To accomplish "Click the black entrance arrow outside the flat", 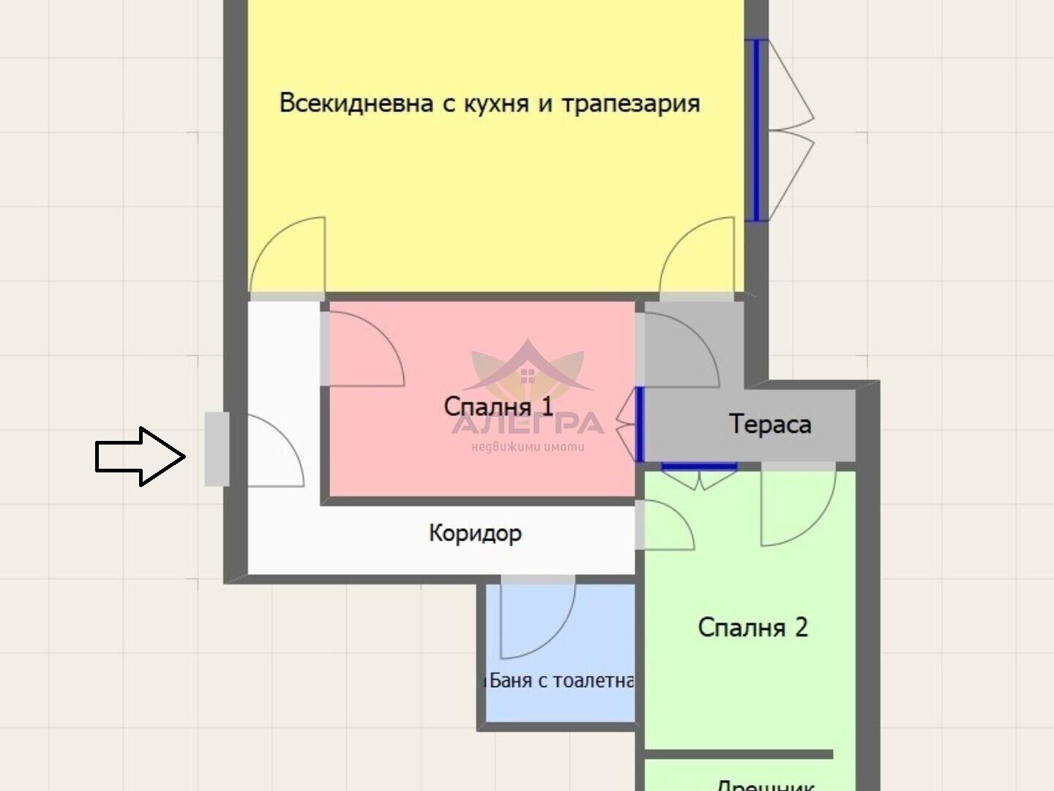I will (139, 456).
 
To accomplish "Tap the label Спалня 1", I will (498, 406).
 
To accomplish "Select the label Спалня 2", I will (752, 627).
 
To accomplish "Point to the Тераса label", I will (770, 424).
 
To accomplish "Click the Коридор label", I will (475, 532).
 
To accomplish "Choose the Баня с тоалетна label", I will (560, 680).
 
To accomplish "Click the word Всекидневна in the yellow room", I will (356, 103).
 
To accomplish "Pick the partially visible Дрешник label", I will (765, 784).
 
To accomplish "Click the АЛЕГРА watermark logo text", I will (528, 424).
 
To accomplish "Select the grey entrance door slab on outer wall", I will (216, 449).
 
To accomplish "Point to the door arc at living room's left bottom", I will (288, 256).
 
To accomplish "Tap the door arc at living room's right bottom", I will (697, 256).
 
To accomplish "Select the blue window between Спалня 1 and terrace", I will (639, 425).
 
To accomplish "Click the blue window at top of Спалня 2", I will (699, 467).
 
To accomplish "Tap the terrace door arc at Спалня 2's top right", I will (798, 508).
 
